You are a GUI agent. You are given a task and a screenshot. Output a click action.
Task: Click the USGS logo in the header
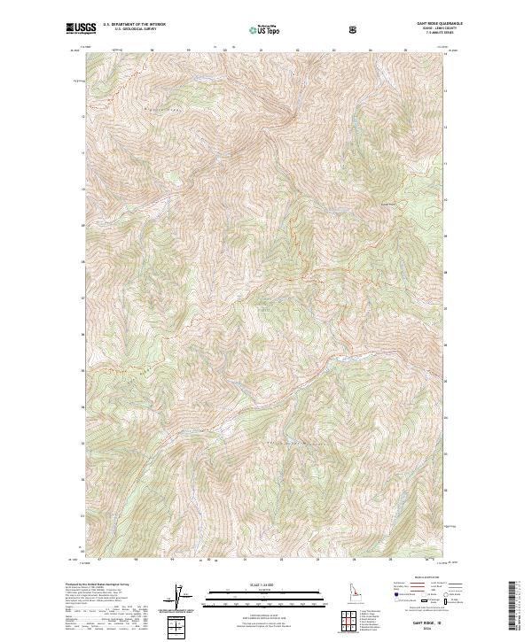(x=78, y=28)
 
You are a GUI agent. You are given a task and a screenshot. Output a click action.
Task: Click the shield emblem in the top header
(x=354, y=28)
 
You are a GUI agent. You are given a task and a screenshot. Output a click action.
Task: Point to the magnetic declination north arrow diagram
(x=183, y=597)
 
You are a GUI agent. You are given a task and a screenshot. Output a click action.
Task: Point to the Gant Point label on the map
(x=386, y=206)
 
